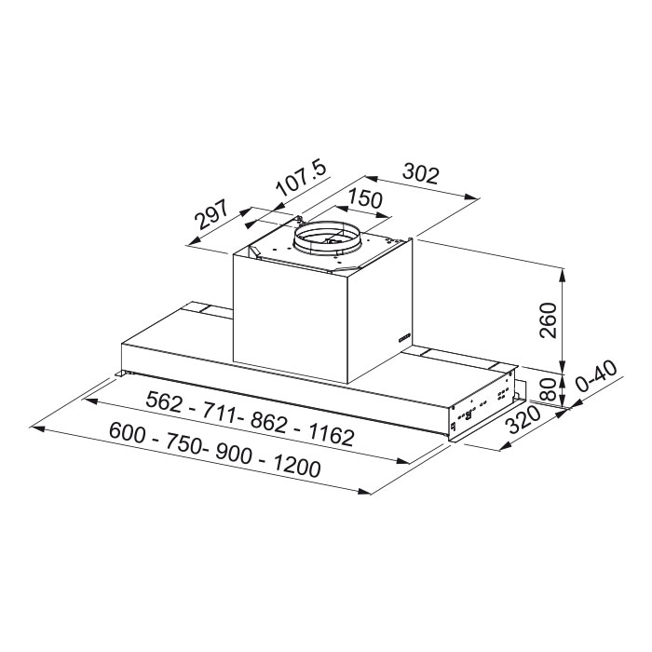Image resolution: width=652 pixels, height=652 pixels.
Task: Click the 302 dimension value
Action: [421, 174]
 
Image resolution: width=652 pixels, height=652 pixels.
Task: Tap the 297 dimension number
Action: [212, 214]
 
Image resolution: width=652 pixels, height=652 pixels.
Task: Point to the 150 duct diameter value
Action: [365, 197]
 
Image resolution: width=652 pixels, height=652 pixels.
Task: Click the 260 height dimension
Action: [548, 320]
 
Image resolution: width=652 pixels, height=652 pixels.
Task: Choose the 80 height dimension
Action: [550, 388]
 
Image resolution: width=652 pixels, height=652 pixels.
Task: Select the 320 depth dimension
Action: [524, 419]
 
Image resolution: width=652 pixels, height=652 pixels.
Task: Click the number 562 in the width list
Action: [164, 401]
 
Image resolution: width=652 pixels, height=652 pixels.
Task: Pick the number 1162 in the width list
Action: [332, 435]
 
